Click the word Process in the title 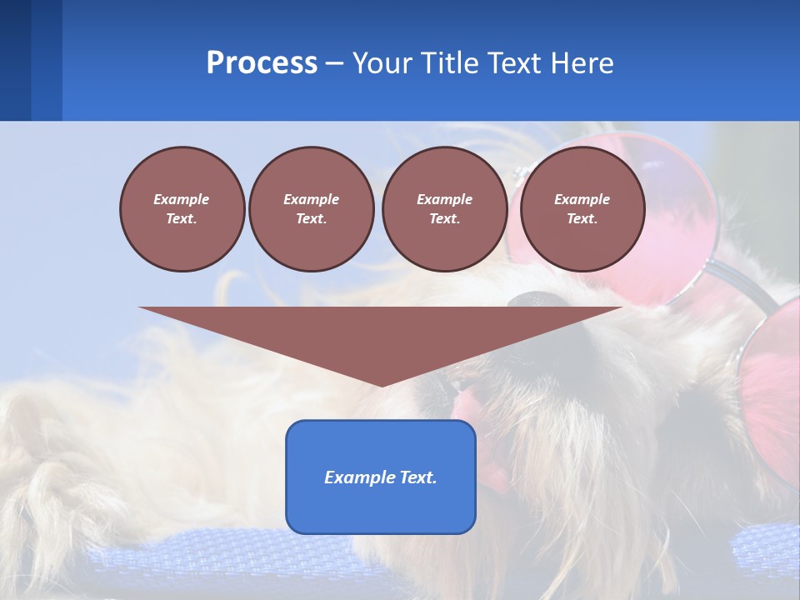click(x=262, y=63)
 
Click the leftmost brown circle click(x=182, y=209)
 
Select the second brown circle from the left click(x=311, y=209)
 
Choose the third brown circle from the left click(x=444, y=209)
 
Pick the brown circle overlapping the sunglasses click(x=582, y=209)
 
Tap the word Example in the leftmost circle click(x=182, y=199)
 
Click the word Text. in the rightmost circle click(x=582, y=219)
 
